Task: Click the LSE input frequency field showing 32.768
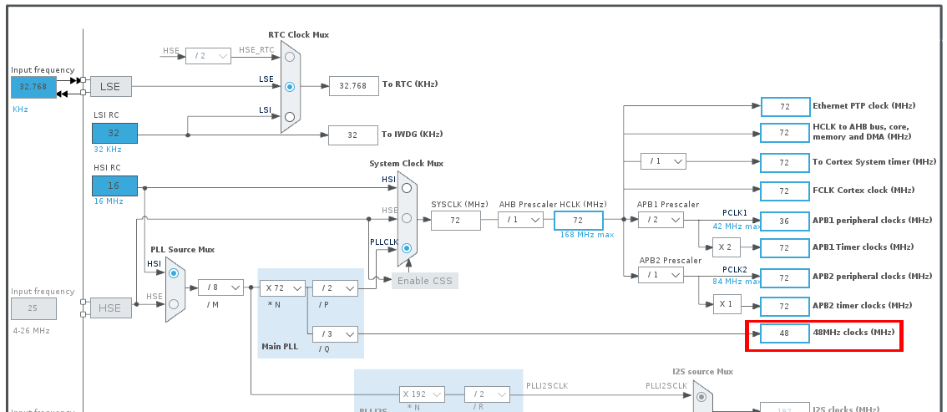point(33,86)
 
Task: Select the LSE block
point(110,86)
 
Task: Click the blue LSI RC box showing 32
point(114,133)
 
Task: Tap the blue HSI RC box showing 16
point(114,186)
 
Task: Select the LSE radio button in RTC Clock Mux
point(290,86)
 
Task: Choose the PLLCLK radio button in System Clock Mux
point(407,248)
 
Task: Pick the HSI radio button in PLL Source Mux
point(173,272)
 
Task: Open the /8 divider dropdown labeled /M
point(220,287)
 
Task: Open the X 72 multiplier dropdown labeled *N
point(281,287)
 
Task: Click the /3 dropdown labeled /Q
point(335,333)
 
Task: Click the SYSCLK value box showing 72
point(456,220)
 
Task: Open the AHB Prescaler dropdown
point(521,220)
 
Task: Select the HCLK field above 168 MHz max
point(578,220)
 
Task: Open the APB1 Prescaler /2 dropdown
point(661,220)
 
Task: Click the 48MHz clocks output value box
point(785,333)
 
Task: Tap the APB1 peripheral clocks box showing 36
point(785,220)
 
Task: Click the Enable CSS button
point(424,280)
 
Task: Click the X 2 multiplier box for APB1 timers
point(726,247)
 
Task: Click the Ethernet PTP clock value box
point(785,106)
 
